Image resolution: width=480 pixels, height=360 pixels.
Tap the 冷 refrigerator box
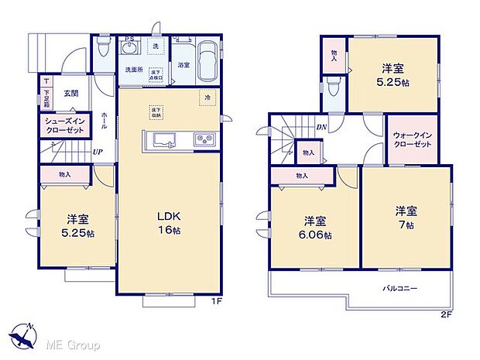207,98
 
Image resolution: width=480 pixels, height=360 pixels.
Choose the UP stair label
98,153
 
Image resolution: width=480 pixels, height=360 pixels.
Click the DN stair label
320,129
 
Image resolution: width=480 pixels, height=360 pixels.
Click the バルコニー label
400,288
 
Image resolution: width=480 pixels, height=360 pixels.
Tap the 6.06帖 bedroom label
315,226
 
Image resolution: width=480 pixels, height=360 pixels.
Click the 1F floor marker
220,301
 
